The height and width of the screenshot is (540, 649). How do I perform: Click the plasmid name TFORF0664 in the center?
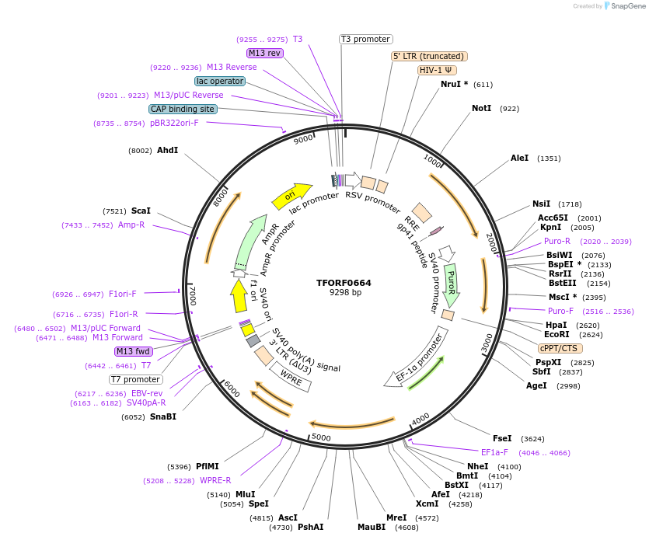coord(344,283)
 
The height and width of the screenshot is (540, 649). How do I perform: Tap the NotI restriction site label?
coord(482,108)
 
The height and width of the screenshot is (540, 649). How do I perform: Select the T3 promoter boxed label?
coord(366,39)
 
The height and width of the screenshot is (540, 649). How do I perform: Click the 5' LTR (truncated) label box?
coord(428,56)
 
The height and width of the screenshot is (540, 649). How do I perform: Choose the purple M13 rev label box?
coord(265,53)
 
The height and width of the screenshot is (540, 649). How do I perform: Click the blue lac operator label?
coord(220,81)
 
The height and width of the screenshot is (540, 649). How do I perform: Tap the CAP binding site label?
coord(183,109)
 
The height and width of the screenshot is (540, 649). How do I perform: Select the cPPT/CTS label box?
coord(558,348)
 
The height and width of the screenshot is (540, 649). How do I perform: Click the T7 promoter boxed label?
coord(135,379)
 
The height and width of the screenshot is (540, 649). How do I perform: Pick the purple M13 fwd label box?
coord(134,351)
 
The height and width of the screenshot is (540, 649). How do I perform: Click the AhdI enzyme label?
coord(167,150)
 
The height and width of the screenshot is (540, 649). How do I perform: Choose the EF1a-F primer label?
coord(494,451)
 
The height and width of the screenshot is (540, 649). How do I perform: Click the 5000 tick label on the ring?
coord(322,438)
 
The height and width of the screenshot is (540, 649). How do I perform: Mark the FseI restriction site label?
coord(502,438)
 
